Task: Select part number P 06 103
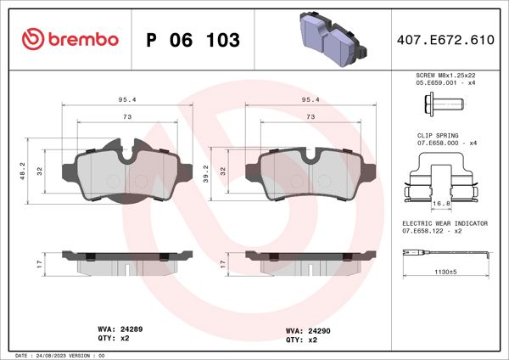tap(193, 40)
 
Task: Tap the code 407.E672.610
tap(445, 40)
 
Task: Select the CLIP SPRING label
tap(438, 135)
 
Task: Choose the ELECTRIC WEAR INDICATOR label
tap(445, 222)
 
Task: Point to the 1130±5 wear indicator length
tap(441, 273)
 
